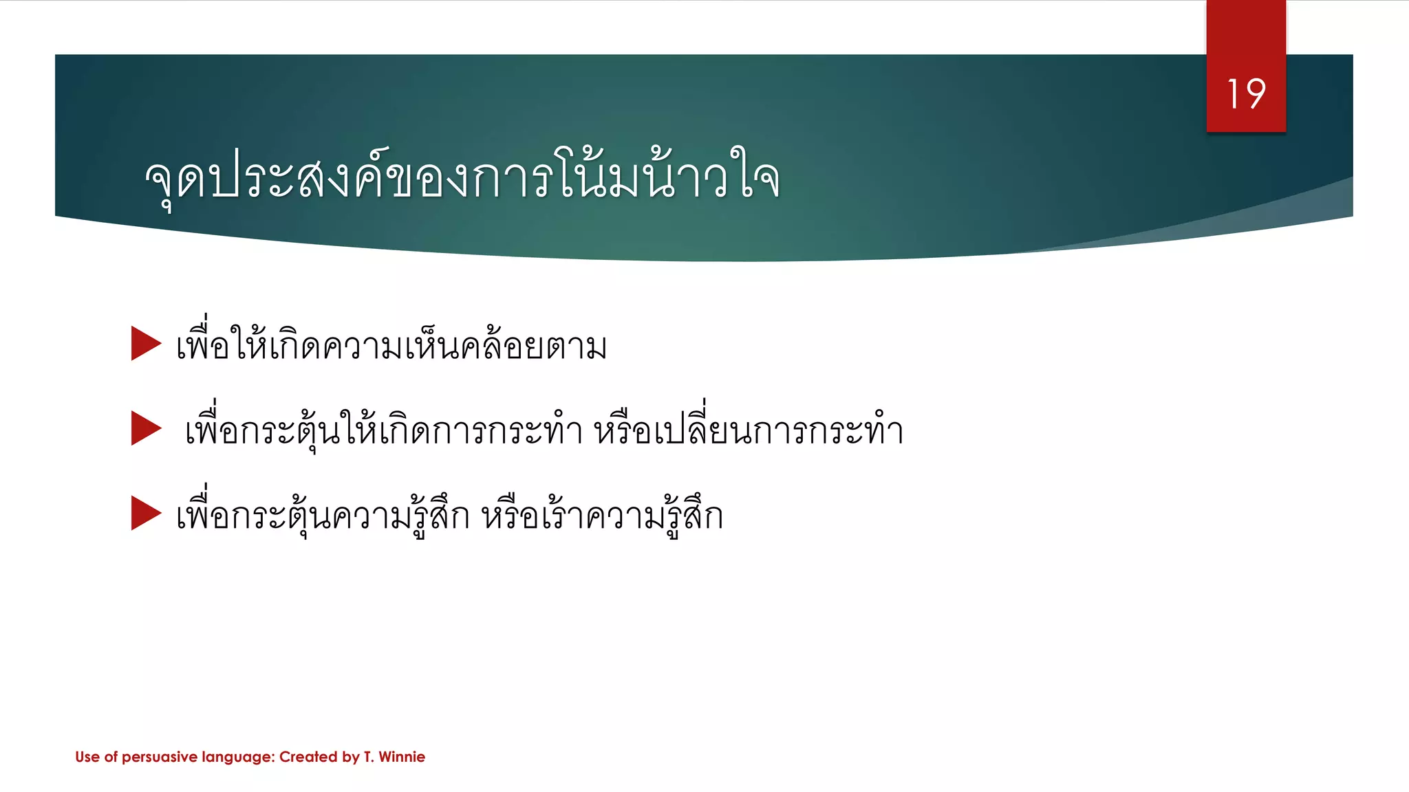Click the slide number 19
tap(1246, 94)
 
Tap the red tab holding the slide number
tap(1246, 41)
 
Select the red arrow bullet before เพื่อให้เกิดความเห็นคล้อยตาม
tap(145, 343)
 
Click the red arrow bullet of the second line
tap(145, 428)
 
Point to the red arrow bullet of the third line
tap(145, 513)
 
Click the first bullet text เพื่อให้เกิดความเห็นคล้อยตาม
tap(391, 345)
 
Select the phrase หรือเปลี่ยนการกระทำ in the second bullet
tap(749, 430)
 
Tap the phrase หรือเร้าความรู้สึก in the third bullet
tap(602, 516)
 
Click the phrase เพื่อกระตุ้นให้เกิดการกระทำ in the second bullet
tap(384, 430)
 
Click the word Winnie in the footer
tap(402, 757)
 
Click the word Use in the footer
tap(87, 757)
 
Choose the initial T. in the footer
tap(369, 757)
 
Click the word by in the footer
tap(351, 758)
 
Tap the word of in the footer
tap(111, 757)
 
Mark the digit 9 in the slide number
tap(1256, 94)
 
